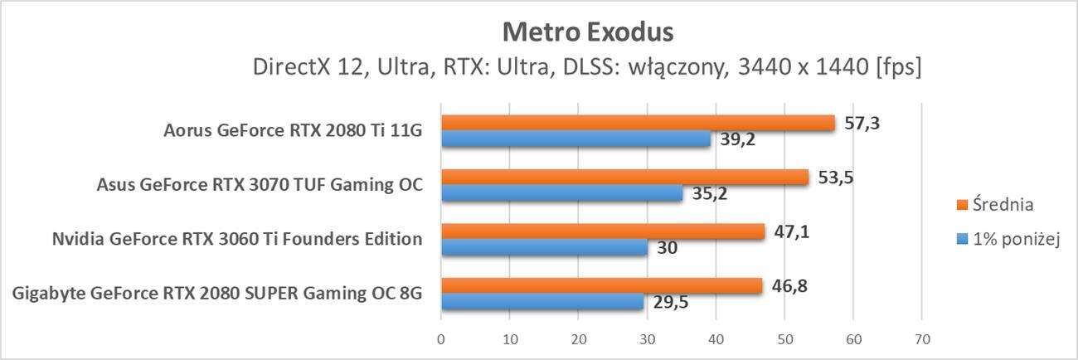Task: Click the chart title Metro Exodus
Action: click(x=588, y=32)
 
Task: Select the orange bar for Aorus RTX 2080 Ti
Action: click(x=638, y=123)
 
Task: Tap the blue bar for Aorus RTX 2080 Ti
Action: click(x=575, y=139)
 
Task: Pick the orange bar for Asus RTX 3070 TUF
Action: click(x=624, y=177)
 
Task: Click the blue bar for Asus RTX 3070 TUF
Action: click(x=561, y=193)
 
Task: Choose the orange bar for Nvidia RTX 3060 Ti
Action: click(x=602, y=231)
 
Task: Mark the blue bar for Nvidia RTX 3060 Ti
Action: click(x=544, y=247)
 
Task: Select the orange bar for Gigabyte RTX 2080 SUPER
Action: click(x=601, y=286)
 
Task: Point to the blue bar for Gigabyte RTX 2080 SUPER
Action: click(x=542, y=302)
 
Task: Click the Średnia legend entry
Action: click(x=994, y=204)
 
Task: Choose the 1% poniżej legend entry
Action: click(x=1006, y=240)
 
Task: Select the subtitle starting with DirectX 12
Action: click(x=588, y=66)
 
